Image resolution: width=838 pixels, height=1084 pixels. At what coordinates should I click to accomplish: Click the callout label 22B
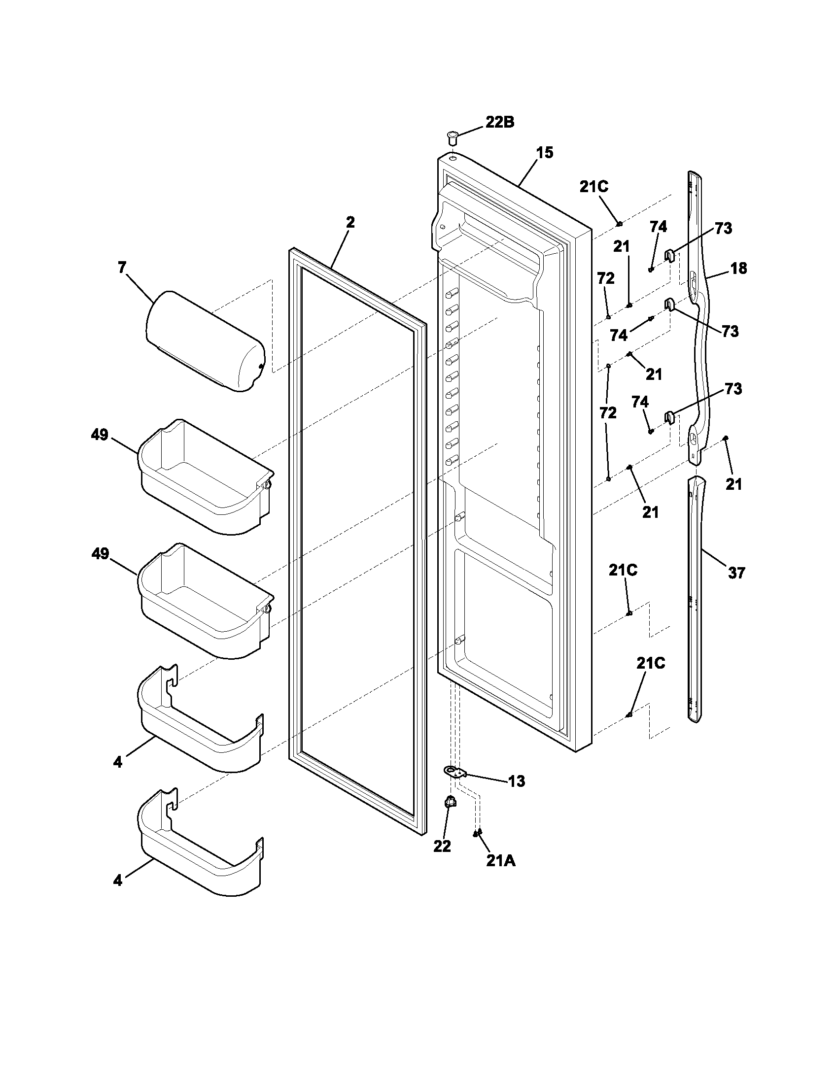click(499, 122)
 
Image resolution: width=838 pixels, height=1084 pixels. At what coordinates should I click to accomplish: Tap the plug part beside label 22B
click(452, 136)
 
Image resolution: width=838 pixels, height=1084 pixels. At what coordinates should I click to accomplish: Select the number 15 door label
click(544, 153)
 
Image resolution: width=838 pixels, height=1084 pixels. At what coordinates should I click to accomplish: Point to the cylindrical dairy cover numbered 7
click(205, 341)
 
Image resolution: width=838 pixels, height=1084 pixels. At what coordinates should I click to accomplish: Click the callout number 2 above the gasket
click(350, 222)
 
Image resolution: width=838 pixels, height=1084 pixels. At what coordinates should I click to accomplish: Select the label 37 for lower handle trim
click(736, 573)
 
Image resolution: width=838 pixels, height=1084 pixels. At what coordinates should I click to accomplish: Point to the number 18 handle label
click(738, 269)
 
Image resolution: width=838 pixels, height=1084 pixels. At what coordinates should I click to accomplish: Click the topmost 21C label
click(594, 187)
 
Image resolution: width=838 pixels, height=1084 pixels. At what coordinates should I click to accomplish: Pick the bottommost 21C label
click(651, 664)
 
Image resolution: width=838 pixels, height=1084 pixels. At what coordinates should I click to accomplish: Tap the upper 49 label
click(99, 435)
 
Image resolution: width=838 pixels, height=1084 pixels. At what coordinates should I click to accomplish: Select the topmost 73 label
click(723, 229)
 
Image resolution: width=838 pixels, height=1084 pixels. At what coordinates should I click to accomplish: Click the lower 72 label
click(608, 412)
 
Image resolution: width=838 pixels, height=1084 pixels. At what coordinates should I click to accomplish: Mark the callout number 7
click(122, 268)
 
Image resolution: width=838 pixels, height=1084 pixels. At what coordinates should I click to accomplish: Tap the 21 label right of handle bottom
click(733, 484)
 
